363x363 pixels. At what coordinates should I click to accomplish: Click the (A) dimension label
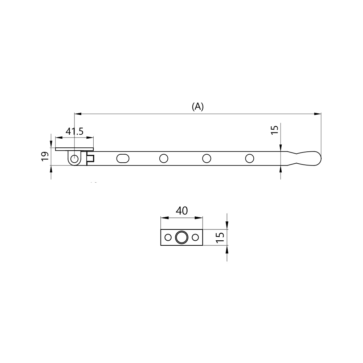pyautogui.click(x=198, y=106)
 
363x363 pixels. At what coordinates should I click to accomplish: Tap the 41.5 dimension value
pyautogui.click(x=74, y=131)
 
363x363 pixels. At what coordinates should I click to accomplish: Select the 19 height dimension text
pyautogui.click(x=45, y=156)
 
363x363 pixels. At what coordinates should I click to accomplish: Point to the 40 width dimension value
pyautogui.click(x=182, y=211)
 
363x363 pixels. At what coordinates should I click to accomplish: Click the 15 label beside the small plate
pyautogui.click(x=220, y=237)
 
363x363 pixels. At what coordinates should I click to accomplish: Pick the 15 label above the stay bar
pyautogui.click(x=274, y=130)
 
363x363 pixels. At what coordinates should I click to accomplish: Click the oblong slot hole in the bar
pyautogui.click(x=123, y=159)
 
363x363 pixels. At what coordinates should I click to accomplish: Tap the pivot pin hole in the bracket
pyautogui.click(x=74, y=159)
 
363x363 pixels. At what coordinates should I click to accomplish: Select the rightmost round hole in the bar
pyautogui.click(x=250, y=159)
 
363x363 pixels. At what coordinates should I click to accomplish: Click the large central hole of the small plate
pyautogui.click(x=182, y=237)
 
